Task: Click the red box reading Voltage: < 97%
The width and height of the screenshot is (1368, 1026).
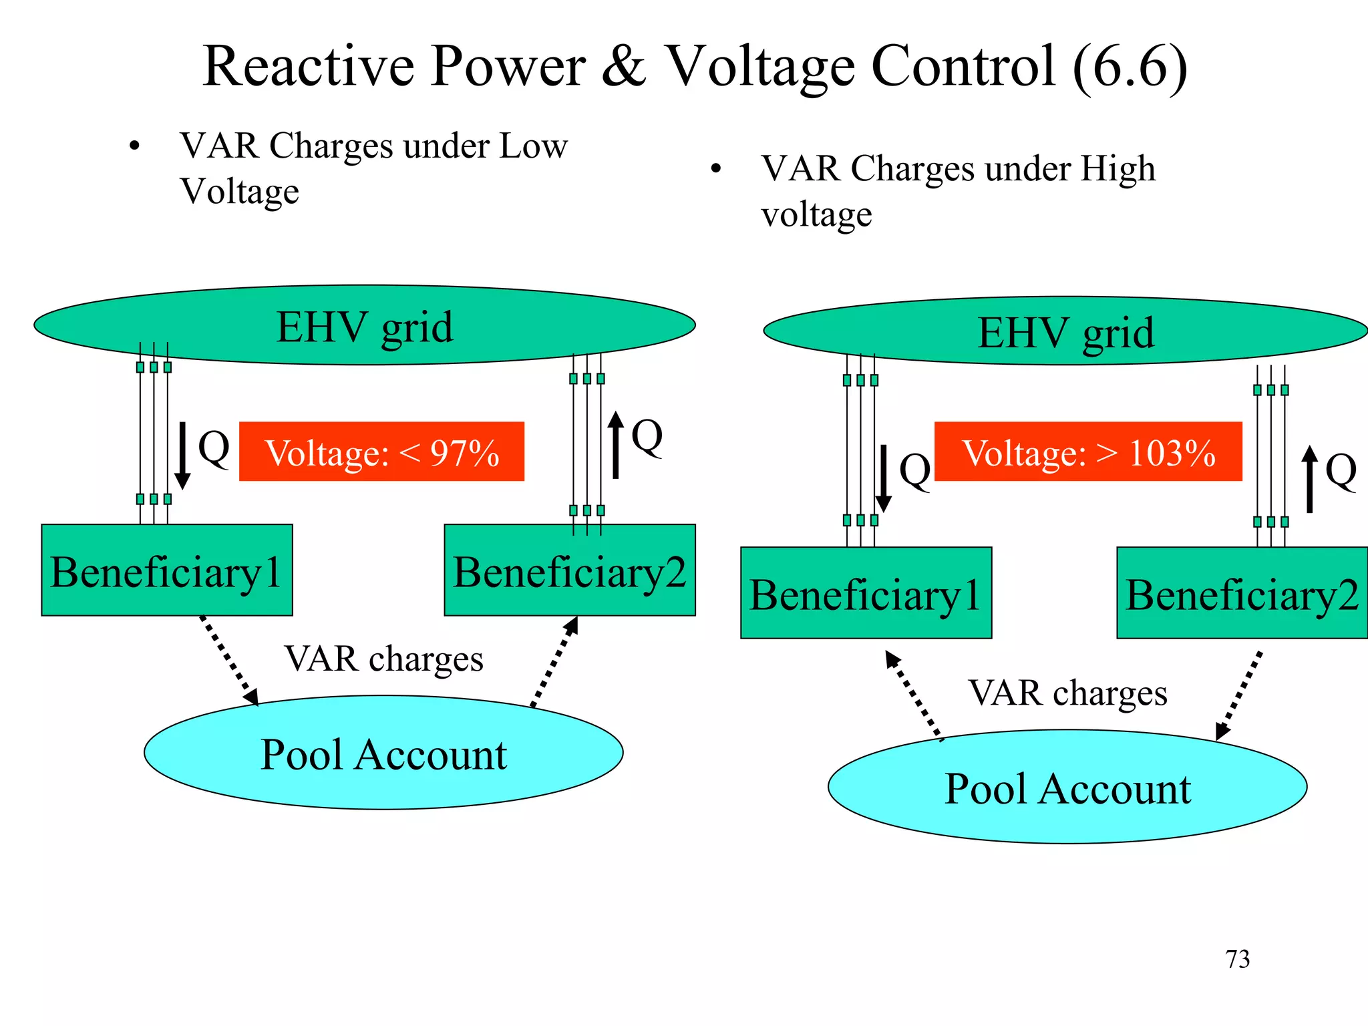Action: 381,452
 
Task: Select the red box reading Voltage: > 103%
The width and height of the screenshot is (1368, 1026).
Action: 1088,452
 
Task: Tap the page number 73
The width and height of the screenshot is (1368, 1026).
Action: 1237,959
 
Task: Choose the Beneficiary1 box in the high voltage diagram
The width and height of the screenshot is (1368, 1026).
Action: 866,593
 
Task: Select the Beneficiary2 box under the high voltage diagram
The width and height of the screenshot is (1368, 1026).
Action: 1242,593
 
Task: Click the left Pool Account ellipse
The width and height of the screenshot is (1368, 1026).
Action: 383,753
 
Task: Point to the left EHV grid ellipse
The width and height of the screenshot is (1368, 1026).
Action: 365,326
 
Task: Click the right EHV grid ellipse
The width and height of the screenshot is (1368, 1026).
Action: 1065,331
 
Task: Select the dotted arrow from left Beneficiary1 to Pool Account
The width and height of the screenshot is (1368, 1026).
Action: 230,660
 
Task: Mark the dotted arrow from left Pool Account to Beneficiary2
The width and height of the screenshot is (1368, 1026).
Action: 554,662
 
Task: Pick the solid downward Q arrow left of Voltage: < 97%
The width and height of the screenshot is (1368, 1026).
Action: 182,456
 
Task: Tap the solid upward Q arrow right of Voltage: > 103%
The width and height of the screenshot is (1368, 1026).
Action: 1310,479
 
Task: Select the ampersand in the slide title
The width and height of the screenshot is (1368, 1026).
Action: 624,66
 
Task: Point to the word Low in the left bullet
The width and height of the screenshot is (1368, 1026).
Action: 533,146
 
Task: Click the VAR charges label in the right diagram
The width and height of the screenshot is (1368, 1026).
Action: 1067,693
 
